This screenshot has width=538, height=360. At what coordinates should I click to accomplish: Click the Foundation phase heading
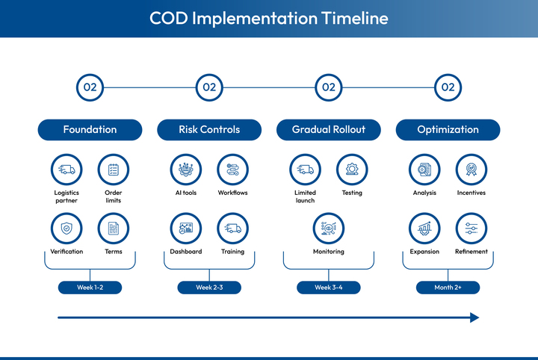point(90,130)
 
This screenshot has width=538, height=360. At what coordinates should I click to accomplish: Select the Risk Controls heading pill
point(209,130)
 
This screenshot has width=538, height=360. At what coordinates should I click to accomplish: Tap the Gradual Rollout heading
point(329,130)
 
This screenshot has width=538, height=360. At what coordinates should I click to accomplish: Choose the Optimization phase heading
point(448,130)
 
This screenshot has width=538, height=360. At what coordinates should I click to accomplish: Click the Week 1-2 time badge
point(90,288)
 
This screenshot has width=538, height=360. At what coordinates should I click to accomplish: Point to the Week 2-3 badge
point(209,288)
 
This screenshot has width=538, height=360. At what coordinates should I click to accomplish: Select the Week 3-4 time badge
point(329,288)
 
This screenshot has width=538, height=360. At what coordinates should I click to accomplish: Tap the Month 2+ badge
point(448,288)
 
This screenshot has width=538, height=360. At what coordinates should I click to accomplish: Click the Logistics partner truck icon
point(67,170)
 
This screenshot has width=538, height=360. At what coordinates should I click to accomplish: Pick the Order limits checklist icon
point(114,170)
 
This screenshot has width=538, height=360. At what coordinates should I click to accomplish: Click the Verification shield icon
point(67,229)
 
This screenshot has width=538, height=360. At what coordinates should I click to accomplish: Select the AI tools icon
point(185,170)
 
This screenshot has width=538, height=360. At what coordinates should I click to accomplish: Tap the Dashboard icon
point(185,229)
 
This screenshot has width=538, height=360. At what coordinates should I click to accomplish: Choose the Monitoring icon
point(329,229)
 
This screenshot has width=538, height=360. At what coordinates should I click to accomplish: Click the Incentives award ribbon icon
point(471,170)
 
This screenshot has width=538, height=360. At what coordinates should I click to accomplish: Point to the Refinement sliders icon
point(471,229)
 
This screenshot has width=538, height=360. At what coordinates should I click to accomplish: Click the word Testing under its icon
point(352,193)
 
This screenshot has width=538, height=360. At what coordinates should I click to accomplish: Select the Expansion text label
point(424,252)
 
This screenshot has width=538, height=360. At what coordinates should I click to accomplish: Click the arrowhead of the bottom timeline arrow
point(474,317)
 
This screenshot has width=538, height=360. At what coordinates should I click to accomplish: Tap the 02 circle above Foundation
point(90,87)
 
